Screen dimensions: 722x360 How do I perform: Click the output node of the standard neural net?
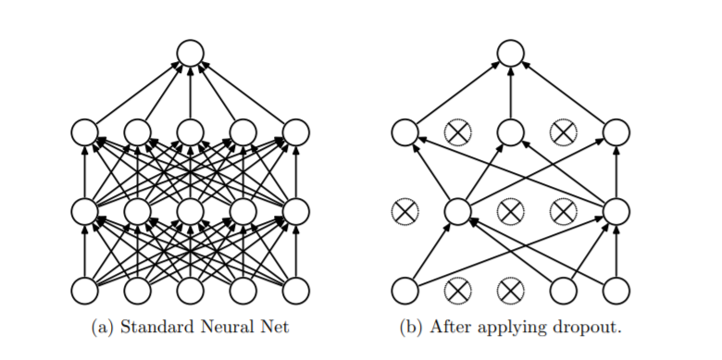[190, 53]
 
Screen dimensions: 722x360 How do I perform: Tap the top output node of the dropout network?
[510, 53]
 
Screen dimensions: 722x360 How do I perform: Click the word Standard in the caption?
[157, 327]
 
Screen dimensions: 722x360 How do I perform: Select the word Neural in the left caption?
[225, 327]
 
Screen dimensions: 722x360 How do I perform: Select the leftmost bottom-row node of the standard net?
[85, 291]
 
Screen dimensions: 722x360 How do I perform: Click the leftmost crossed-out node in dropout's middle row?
[405, 212]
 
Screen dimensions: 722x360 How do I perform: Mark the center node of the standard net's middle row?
[190, 212]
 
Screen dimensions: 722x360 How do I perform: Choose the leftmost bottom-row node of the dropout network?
[405, 291]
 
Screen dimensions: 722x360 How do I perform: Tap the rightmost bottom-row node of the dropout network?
[616, 291]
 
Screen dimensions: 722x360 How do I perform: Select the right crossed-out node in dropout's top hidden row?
[564, 132]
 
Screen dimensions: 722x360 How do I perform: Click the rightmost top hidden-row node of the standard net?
[295, 132]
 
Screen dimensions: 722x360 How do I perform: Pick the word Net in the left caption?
[272, 327]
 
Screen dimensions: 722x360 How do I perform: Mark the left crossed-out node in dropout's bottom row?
[457, 291]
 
